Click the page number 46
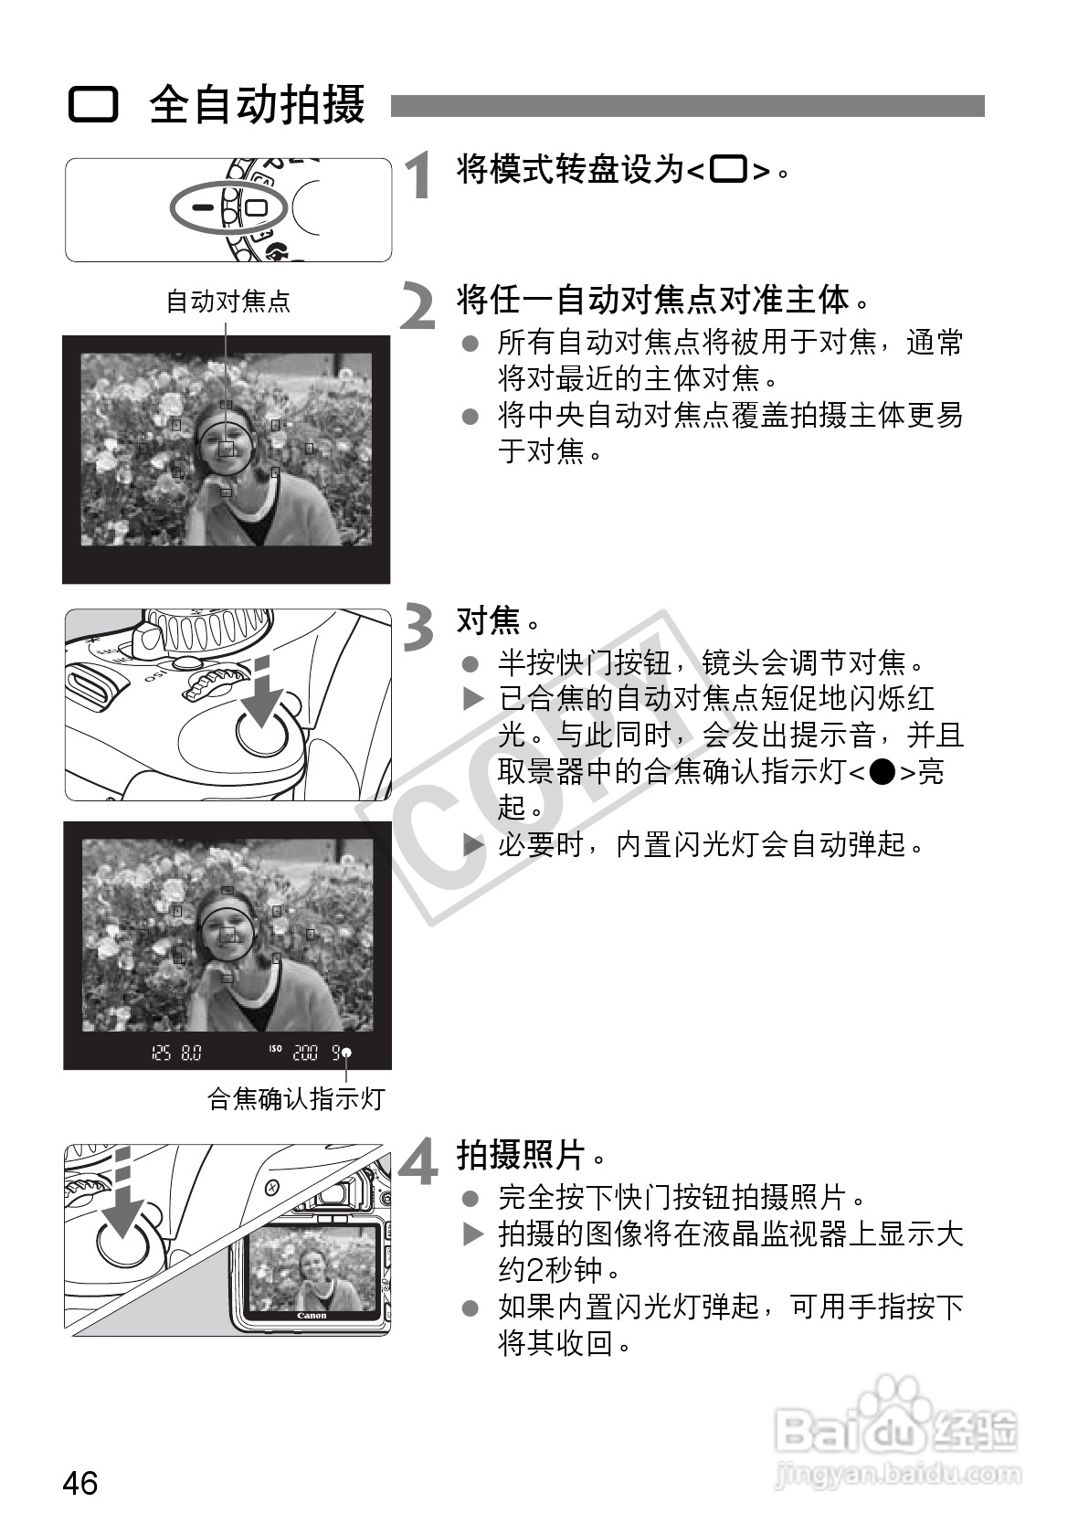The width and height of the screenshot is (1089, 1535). click(80, 1484)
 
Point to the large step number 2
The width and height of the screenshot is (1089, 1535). click(418, 306)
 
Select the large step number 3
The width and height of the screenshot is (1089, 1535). click(418, 627)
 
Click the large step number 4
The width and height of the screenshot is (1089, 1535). click(418, 1160)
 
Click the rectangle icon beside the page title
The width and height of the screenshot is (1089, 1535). click(93, 105)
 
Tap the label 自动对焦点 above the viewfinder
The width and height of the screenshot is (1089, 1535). click(228, 301)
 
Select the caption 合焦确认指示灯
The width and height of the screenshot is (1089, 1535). click(296, 1099)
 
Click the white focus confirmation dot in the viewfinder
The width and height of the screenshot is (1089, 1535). click(347, 1053)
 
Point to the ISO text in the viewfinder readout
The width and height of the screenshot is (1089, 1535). click(275, 1048)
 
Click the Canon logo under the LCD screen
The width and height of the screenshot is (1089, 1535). click(312, 1315)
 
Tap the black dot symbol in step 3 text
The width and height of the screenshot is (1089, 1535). click(882, 772)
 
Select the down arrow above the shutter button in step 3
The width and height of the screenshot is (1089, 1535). click(262, 693)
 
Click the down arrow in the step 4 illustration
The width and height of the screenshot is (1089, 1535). click(122, 1193)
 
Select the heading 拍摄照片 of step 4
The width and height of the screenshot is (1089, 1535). click(521, 1155)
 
